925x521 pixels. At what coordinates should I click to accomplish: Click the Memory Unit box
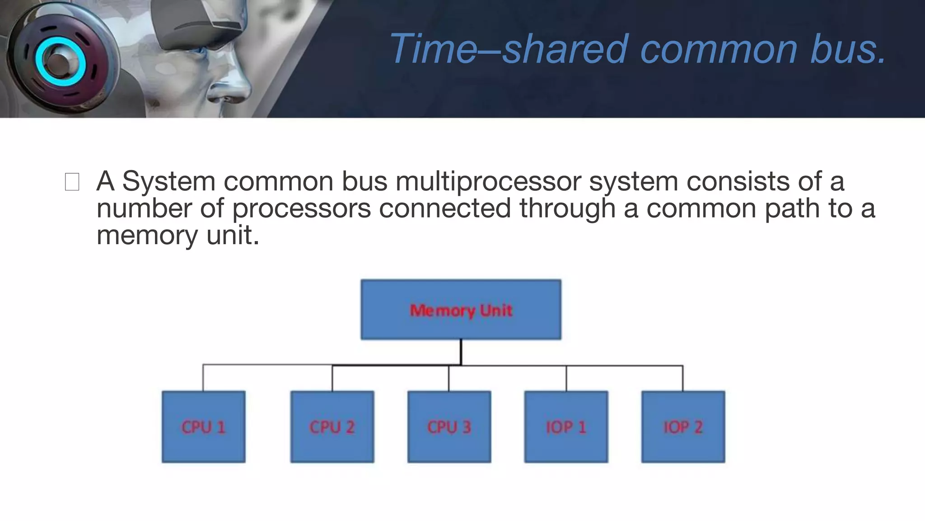(x=461, y=310)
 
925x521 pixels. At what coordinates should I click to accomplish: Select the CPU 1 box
(x=203, y=426)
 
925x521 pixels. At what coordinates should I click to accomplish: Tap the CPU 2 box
(x=332, y=426)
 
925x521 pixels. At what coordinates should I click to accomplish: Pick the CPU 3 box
(x=449, y=426)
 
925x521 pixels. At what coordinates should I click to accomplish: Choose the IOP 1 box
(x=566, y=426)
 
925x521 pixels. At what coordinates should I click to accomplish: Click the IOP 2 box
(x=683, y=426)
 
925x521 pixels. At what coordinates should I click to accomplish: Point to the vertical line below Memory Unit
(x=461, y=352)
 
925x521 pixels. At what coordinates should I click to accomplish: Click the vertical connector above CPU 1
(x=203, y=378)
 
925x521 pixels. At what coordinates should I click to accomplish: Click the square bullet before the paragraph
(x=72, y=182)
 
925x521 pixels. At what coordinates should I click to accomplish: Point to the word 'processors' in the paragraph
(x=301, y=208)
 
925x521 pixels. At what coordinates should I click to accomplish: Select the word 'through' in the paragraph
(x=567, y=208)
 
